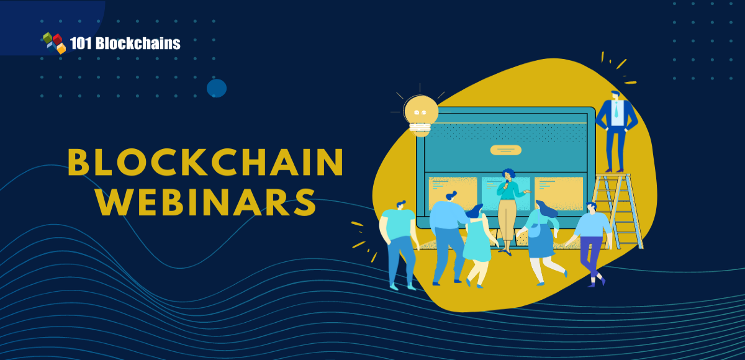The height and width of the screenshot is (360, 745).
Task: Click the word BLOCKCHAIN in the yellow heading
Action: [205, 163]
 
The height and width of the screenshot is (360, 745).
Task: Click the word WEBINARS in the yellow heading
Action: [205, 202]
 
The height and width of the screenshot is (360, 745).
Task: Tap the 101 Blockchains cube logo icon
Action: [54, 42]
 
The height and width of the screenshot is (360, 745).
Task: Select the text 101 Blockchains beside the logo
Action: [125, 43]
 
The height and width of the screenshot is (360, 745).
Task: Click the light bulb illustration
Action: [420, 113]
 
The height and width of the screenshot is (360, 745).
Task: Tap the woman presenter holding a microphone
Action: [507, 208]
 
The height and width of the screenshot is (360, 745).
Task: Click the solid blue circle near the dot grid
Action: [217, 88]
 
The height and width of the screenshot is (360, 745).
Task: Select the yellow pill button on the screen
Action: [505, 150]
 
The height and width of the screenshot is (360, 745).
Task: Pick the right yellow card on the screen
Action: [559, 192]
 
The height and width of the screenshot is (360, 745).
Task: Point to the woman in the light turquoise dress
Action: [476, 242]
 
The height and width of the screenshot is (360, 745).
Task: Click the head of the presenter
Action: [508, 174]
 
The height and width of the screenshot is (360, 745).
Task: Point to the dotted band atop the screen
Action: [506, 131]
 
